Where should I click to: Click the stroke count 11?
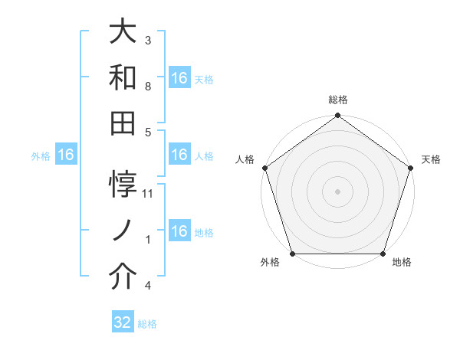tap(149, 194)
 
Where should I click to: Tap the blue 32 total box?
tap(123, 322)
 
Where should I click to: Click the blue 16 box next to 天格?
tap(179, 78)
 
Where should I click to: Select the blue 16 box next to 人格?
tap(179, 155)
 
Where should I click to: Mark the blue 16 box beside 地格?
tap(179, 231)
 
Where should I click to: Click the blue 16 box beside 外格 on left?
tap(66, 155)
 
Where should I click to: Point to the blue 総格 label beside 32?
tap(147, 324)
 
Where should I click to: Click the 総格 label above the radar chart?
tap(338, 100)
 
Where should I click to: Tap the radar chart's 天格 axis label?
tap(432, 159)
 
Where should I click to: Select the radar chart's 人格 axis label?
tap(245, 159)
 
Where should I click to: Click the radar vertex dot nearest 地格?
tap(383, 254)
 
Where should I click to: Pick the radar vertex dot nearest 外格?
tap(292, 254)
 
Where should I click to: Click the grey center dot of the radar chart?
tap(337, 191)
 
